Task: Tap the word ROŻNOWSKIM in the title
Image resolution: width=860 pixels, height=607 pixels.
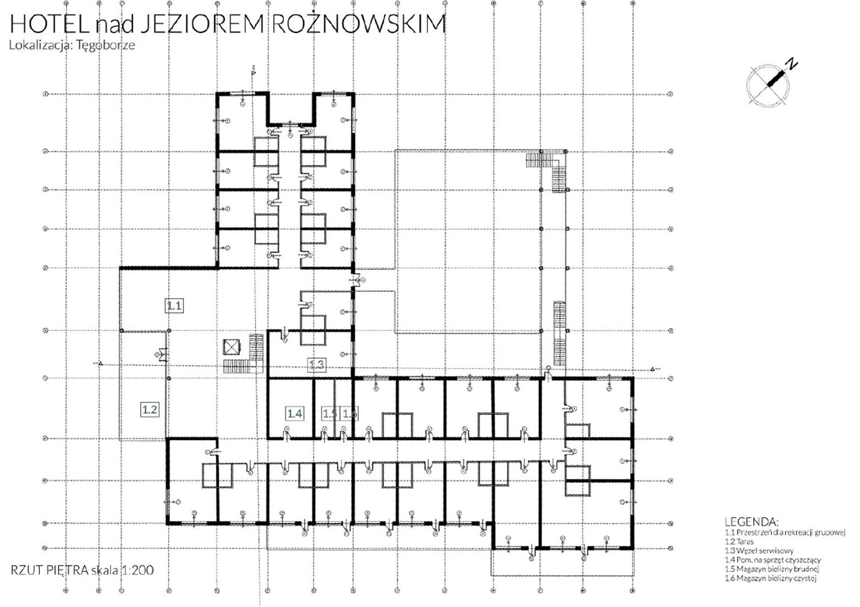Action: (x=359, y=25)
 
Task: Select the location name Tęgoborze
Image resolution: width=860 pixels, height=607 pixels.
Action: (x=109, y=45)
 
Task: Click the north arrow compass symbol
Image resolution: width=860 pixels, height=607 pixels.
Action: (x=768, y=82)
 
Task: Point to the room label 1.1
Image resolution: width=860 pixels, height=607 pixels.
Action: (x=175, y=305)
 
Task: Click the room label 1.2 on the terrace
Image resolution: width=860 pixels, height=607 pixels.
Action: (x=150, y=409)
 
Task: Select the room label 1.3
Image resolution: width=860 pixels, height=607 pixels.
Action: (x=316, y=364)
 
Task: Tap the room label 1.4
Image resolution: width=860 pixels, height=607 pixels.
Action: (x=294, y=413)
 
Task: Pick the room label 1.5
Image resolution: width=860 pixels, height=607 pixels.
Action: (x=330, y=413)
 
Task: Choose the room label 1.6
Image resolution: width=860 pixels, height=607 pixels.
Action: (x=349, y=413)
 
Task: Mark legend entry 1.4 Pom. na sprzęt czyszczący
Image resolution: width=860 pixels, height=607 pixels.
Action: (x=773, y=560)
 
